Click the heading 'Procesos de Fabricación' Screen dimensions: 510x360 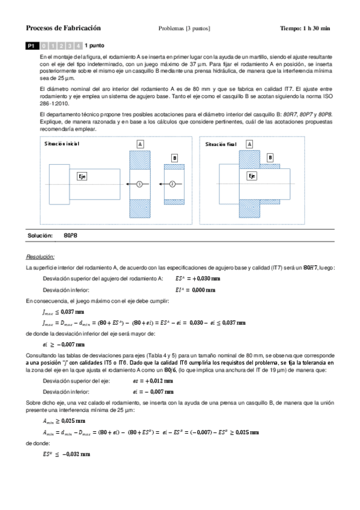tap(63, 28)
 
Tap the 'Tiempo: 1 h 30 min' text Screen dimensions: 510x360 tap(305, 28)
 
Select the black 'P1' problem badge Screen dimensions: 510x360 tap(31, 45)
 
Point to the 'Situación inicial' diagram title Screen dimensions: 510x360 tap(62, 144)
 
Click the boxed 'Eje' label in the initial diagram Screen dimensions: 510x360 tap(82, 177)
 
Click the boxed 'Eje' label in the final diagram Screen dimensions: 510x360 tap(252, 176)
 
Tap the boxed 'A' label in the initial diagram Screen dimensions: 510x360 tap(140, 144)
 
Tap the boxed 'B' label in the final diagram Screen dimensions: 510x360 tap(270, 157)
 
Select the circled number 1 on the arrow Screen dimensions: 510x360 tap(139, 183)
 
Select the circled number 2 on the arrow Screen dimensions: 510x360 tap(172, 183)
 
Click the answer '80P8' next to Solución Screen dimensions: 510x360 tap(70, 236)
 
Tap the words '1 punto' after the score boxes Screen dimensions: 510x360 tap(95, 45)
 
